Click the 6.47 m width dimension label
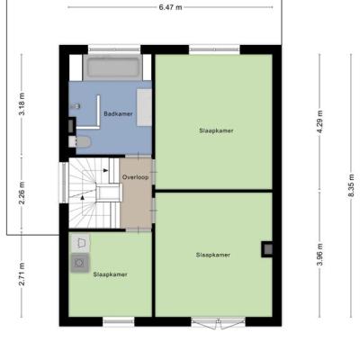tap(170, 7)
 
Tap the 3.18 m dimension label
tap(22, 104)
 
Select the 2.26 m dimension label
tap(22, 193)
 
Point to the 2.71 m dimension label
tap(22, 274)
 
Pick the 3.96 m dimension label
tap(319, 255)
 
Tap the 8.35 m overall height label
tap(351, 185)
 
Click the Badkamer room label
tap(118, 113)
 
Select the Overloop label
tap(135, 177)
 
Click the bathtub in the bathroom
tap(113, 67)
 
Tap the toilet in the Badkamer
tap(79, 142)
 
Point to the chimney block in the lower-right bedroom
tap(267, 249)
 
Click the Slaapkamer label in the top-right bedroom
tap(216, 130)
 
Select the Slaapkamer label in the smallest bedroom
tap(110, 274)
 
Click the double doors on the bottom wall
tap(219, 323)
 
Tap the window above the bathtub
tap(114, 49)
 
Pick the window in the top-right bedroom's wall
tap(214, 49)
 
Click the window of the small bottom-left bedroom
tap(119, 321)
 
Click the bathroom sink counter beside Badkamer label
tap(144, 107)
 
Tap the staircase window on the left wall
tap(64, 183)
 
